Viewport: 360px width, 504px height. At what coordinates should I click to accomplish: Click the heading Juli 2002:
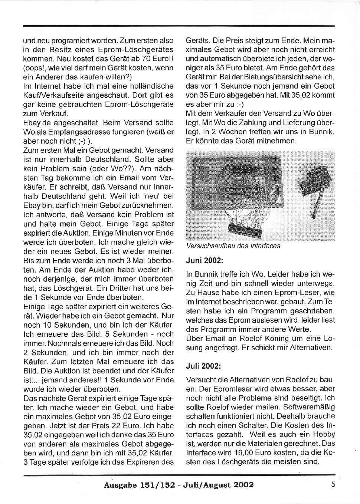(x=203, y=366)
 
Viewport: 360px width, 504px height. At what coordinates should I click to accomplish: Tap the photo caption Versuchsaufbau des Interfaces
(x=233, y=246)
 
